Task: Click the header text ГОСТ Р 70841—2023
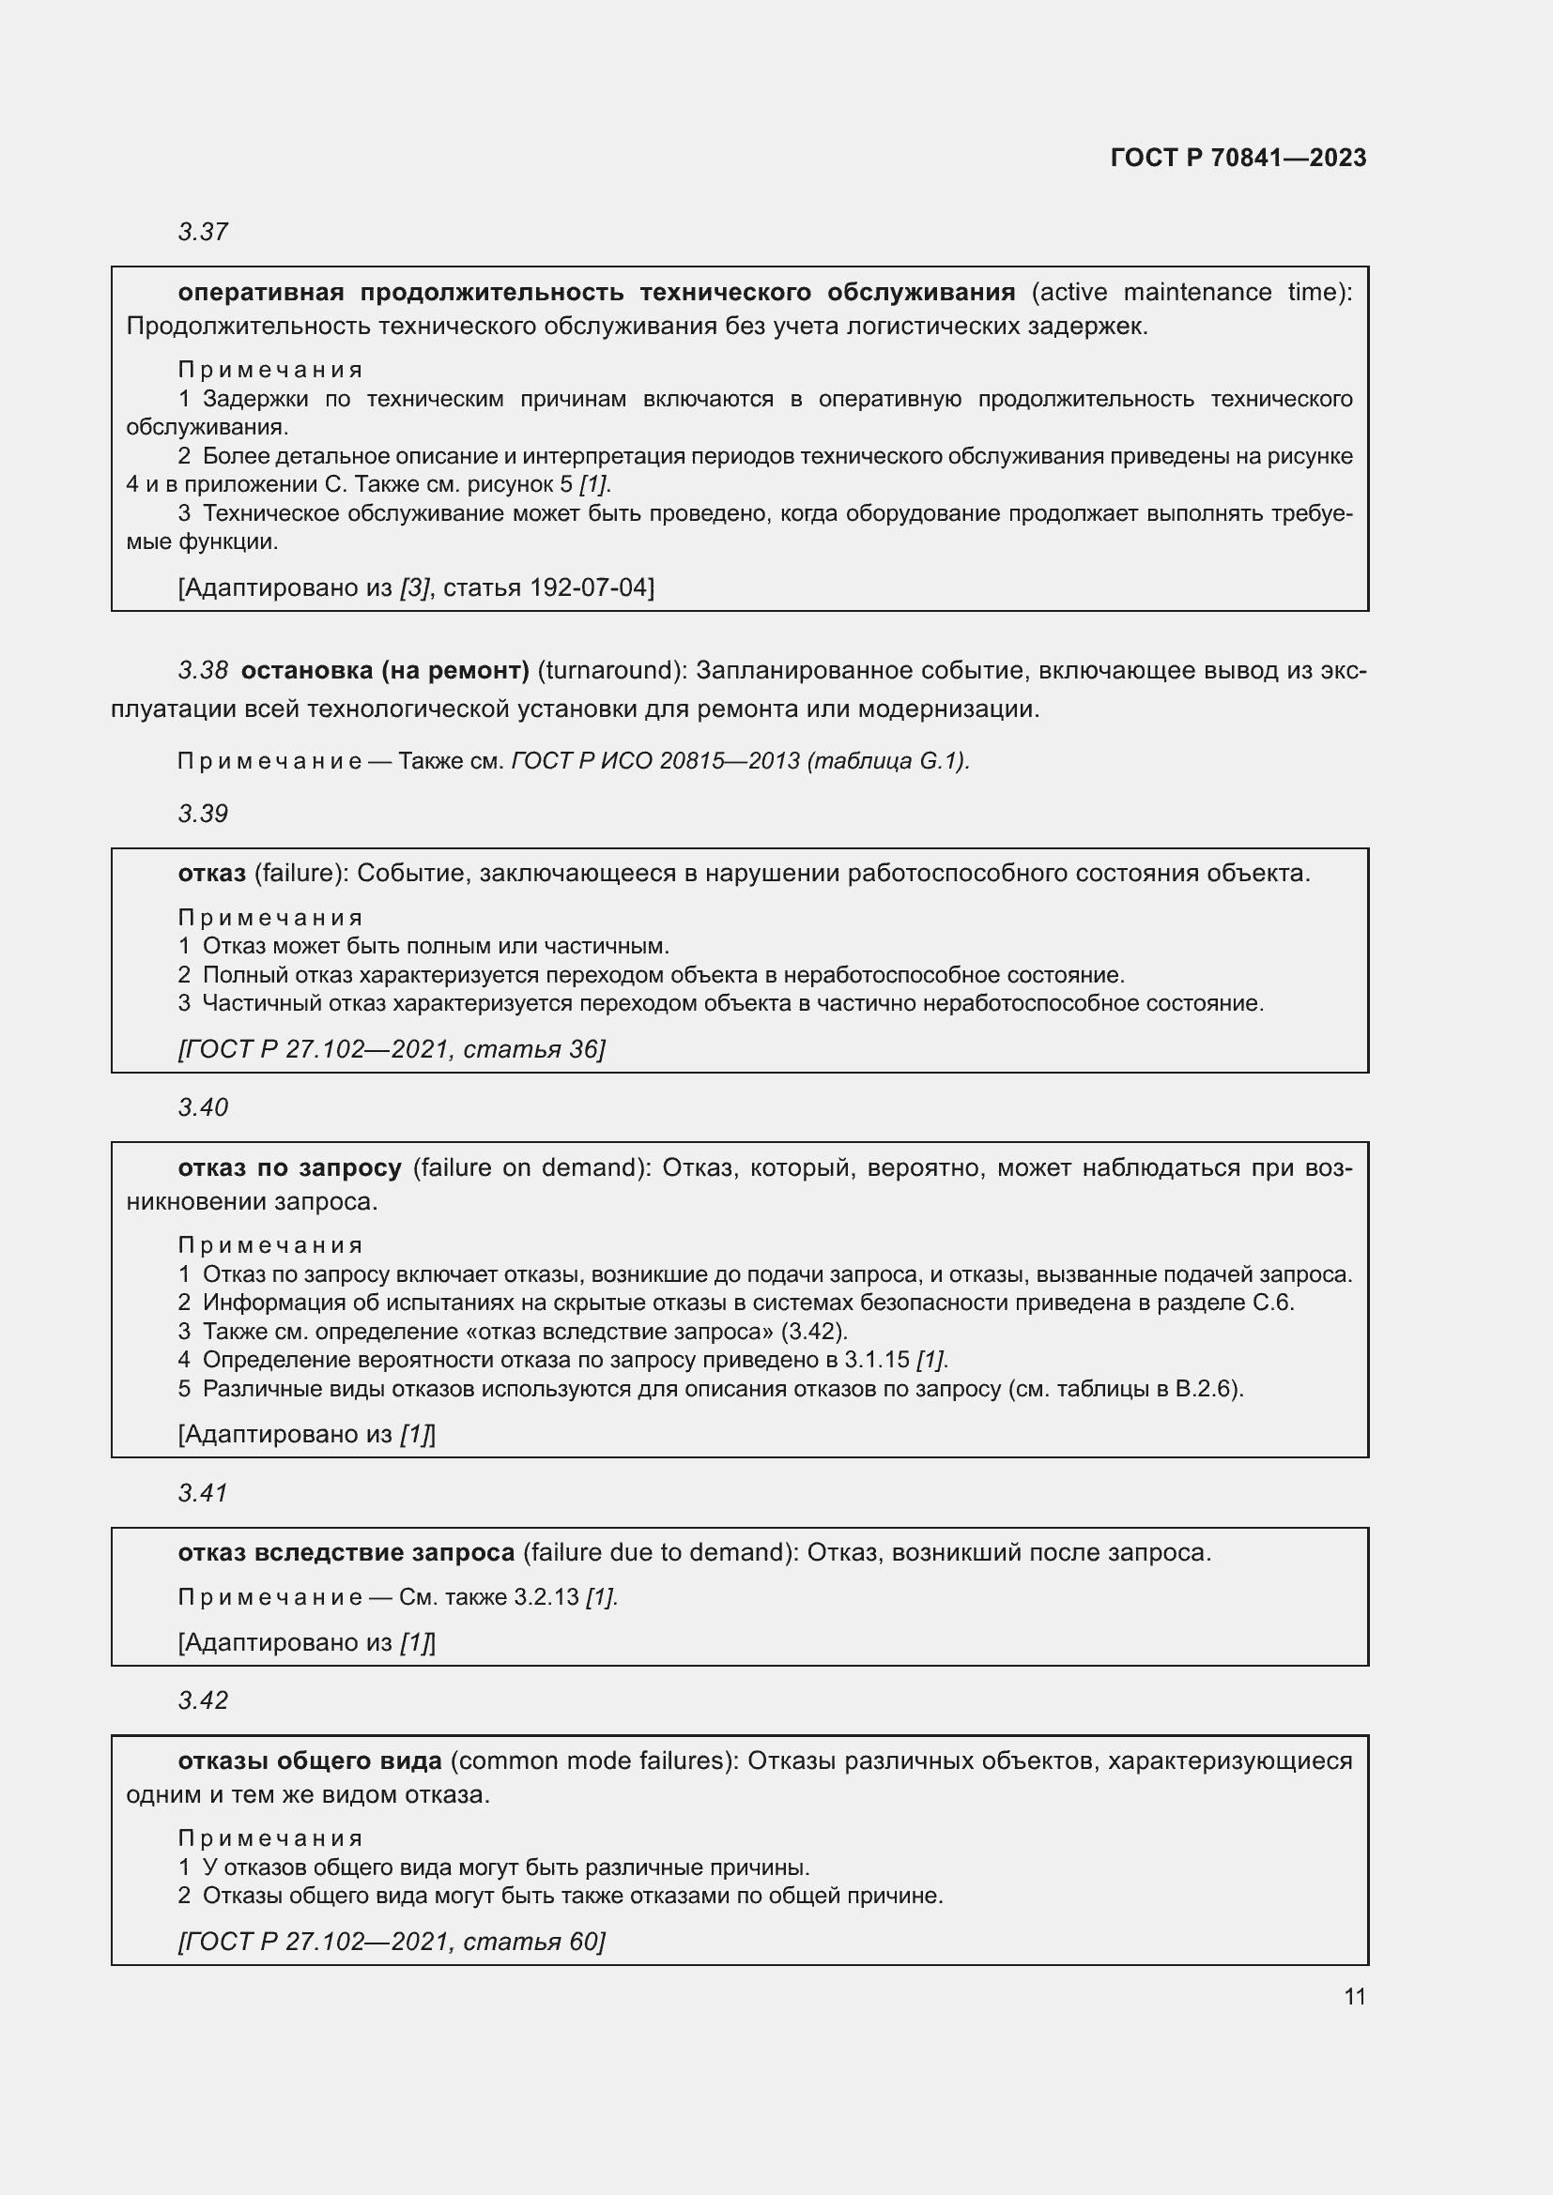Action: click(x=1238, y=158)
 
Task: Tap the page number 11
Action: click(x=1354, y=1996)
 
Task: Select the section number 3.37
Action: click(x=203, y=232)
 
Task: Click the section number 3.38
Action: click(x=203, y=670)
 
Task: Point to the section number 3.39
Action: click(x=203, y=814)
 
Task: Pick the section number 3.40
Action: click(x=203, y=1107)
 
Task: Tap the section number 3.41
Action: click(x=203, y=1492)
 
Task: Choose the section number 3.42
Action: click(x=203, y=1700)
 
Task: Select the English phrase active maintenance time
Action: click(x=1191, y=292)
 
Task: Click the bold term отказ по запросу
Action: click(x=289, y=1167)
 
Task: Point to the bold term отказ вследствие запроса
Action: click(x=346, y=1552)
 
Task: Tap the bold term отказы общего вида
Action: click(x=310, y=1760)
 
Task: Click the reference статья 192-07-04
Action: click(x=548, y=587)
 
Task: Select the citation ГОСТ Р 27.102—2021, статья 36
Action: click(x=392, y=1049)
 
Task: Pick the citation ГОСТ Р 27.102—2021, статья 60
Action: click(x=392, y=1941)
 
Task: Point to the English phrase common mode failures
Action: click(x=592, y=1760)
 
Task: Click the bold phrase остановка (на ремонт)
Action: click(x=384, y=670)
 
